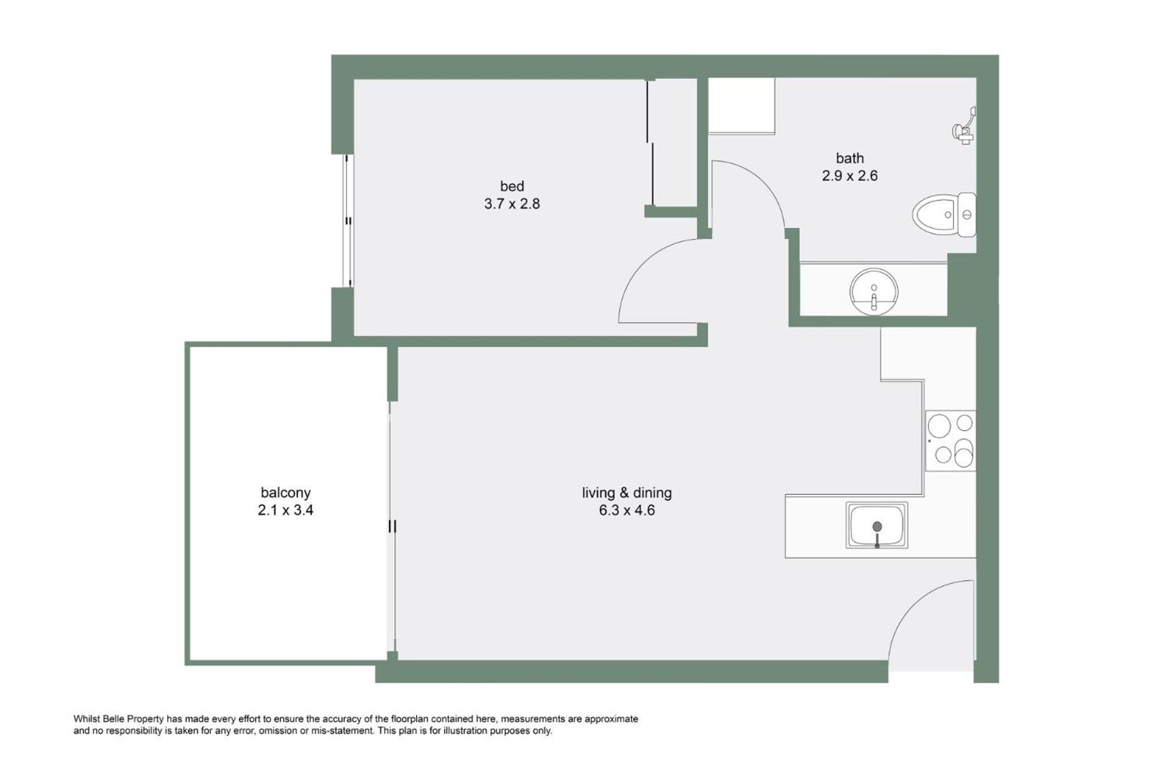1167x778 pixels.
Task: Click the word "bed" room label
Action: tap(512, 186)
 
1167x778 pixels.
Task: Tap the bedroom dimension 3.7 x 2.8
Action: tap(512, 204)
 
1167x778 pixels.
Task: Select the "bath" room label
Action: tap(850, 158)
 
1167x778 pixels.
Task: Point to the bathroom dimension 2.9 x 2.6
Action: tap(850, 176)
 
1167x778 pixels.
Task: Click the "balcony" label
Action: tap(286, 492)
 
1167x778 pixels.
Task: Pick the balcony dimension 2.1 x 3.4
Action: tap(286, 510)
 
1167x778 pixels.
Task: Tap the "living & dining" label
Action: tap(627, 492)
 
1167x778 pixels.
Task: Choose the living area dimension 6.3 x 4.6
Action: tap(627, 510)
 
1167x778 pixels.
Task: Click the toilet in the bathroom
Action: tap(944, 215)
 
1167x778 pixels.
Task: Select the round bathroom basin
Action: tap(874, 291)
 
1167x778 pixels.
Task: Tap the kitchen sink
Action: tap(876, 525)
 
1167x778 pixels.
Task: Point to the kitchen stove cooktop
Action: tap(951, 441)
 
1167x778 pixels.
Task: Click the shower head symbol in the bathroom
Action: tap(964, 126)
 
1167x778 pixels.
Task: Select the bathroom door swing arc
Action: tap(769, 182)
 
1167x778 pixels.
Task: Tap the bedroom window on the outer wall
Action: tap(348, 221)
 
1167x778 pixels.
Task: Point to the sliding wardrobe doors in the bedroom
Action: tap(650, 143)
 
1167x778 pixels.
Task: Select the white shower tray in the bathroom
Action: tap(742, 106)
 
